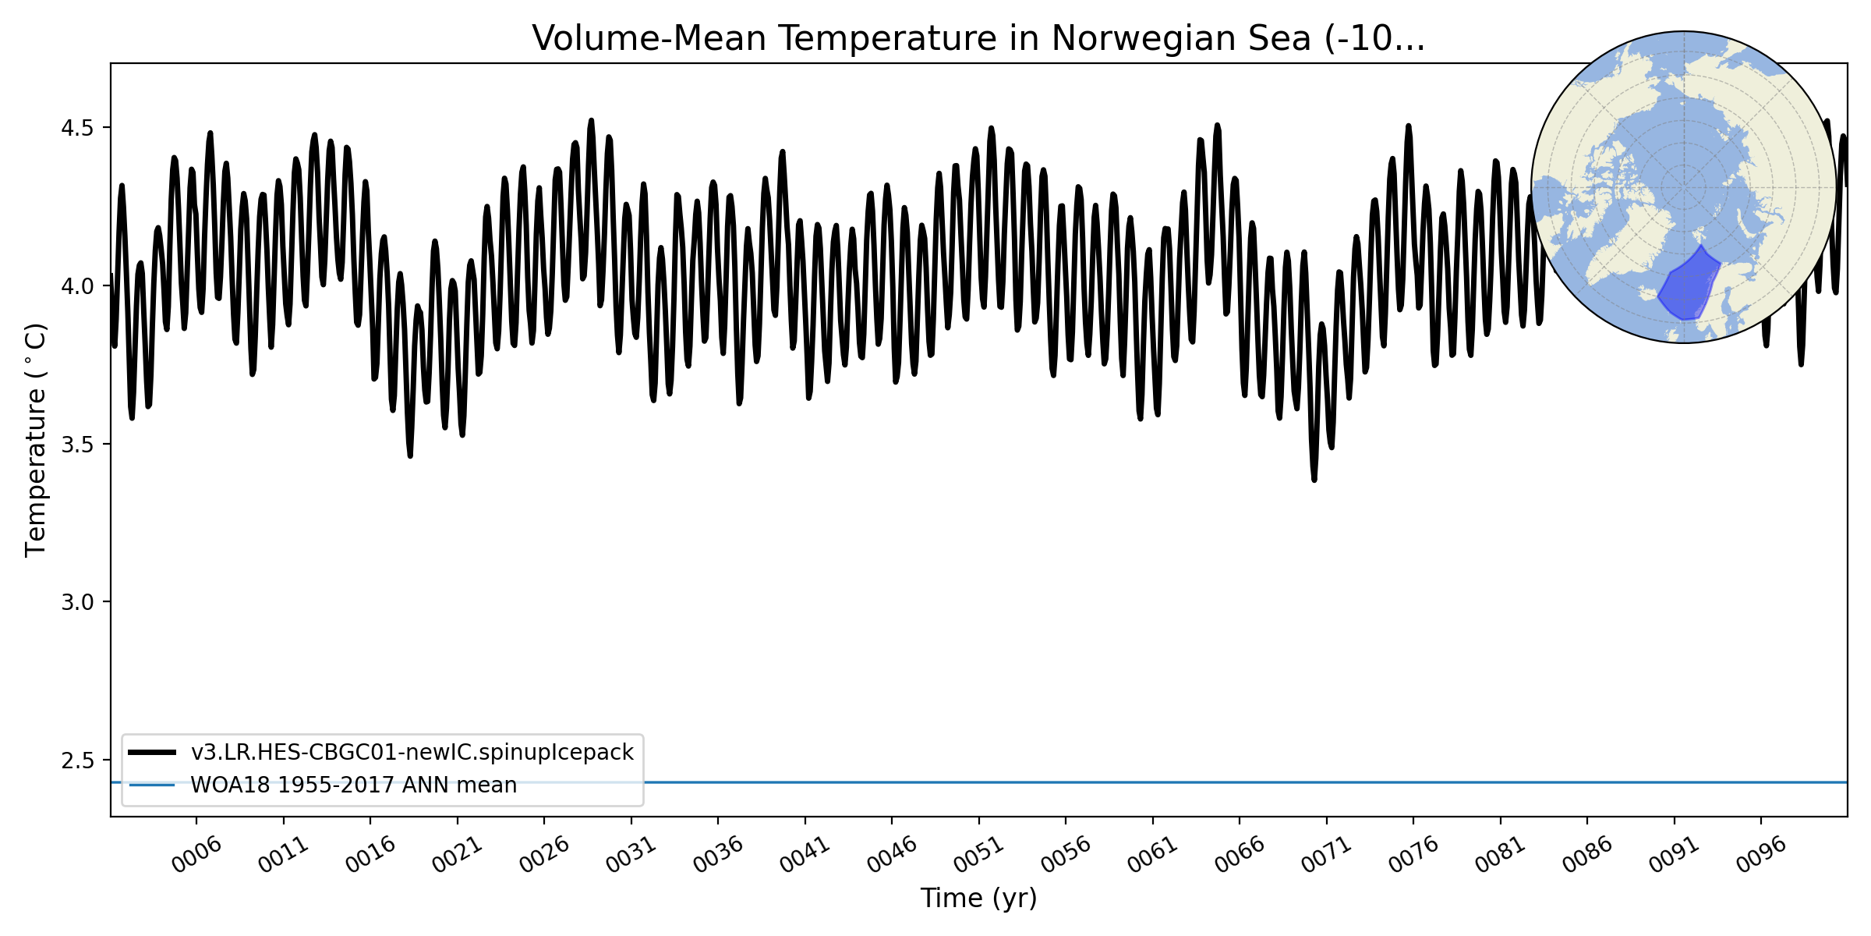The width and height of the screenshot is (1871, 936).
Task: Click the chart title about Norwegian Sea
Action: [x=978, y=39]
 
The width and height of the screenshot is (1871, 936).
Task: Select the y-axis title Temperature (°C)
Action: [x=37, y=440]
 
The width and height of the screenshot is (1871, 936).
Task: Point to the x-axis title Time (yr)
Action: [x=978, y=898]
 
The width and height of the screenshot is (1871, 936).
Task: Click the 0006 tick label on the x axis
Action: [x=196, y=855]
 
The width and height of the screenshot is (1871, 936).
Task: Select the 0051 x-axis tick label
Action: [x=979, y=855]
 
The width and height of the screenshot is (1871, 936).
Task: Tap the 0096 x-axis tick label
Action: [x=1761, y=855]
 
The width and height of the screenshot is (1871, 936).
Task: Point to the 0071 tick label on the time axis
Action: [x=1327, y=855]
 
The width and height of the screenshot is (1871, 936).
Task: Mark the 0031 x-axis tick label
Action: [x=631, y=855]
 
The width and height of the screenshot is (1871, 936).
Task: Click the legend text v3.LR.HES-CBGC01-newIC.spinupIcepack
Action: [x=412, y=752]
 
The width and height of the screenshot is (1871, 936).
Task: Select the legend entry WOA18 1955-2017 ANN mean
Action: [x=354, y=785]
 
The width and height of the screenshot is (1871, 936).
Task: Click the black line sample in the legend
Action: [x=152, y=752]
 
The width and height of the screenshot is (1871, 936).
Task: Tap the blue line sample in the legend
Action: [x=152, y=785]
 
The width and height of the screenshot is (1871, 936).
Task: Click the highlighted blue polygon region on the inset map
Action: [x=1689, y=289]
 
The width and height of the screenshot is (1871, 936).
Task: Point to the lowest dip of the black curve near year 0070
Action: [x=1314, y=480]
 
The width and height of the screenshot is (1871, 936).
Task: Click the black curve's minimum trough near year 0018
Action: [x=410, y=456]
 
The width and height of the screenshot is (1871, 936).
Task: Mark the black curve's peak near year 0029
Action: [x=592, y=120]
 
